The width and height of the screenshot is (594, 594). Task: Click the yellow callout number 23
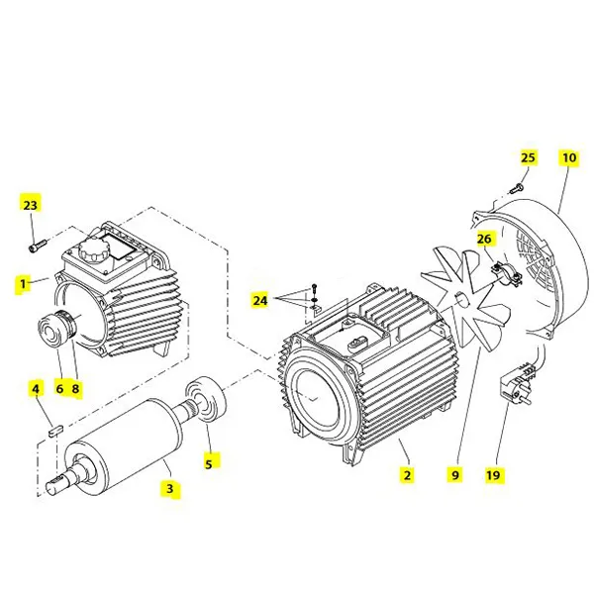[30, 205]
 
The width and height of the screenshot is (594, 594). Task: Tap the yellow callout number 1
[22, 284]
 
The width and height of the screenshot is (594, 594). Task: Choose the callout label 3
[169, 489]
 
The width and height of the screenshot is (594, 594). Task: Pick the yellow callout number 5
[209, 460]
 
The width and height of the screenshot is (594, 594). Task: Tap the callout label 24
[259, 299]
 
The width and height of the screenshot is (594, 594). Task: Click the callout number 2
[407, 475]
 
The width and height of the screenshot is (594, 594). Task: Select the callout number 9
[455, 475]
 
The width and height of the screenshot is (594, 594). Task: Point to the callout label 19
[493, 475]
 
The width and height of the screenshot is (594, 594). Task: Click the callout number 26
[484, 240]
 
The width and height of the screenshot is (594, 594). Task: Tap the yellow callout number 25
[528, 158]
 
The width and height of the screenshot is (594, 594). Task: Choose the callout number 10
[568, 158]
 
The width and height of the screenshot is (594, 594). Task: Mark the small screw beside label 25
[516, 188]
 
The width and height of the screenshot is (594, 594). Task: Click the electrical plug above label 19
[519, 381]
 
